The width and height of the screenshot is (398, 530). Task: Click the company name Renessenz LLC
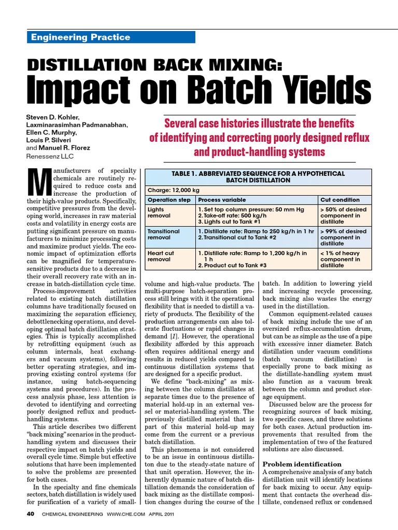(x=51, y=155)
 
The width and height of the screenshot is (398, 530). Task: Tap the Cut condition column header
(x=340, y=200)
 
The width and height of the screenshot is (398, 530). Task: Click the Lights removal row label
(x=157, y=212)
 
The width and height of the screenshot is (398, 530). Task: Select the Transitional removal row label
(x=164, y=235)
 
